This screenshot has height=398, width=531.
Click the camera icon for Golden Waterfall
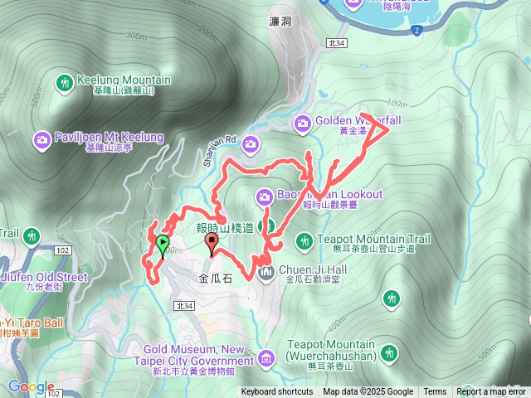[x=303, y=124]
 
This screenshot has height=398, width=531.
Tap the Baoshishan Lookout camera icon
[x=265, y=197]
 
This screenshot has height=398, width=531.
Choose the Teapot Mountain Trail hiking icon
[x=303, y=240]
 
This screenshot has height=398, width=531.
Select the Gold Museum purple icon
[x=265, y=358]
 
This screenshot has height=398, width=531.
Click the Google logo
[x=31, y=386]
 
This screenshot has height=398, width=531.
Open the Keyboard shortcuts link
[x=277, y=392]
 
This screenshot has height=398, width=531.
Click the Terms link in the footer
[x=435, y=392]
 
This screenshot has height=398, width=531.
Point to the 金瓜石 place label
[x=217, y=280]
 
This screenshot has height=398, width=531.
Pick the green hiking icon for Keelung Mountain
[x=64, y=83]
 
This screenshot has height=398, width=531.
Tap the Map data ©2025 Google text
[x=368, y=392]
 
